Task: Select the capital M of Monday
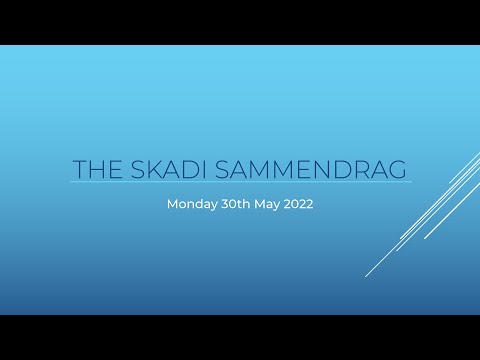pos(172,204)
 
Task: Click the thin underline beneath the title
pos(240,182)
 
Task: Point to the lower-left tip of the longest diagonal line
pos(366,276)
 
